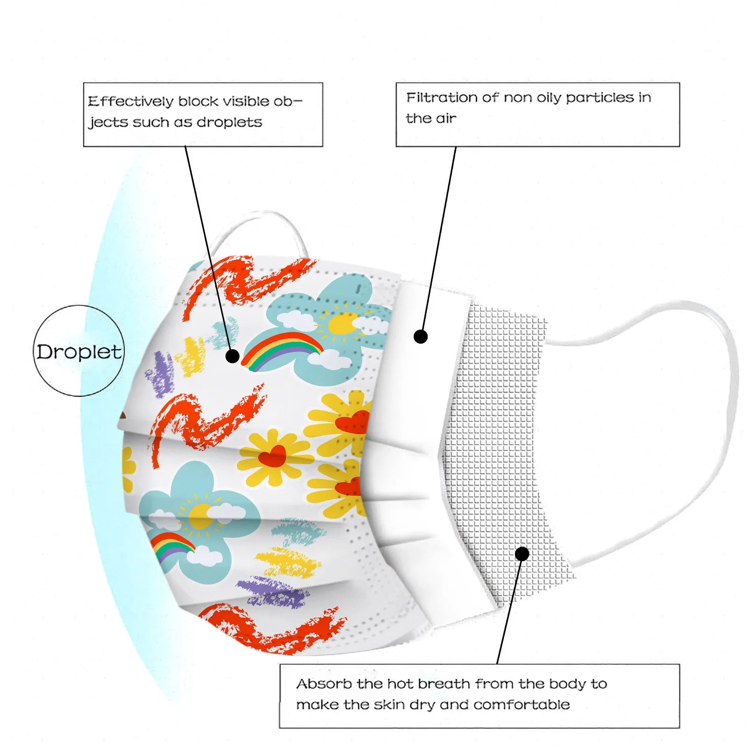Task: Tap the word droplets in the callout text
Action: click(x=229, y=122)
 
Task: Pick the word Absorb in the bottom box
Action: click(x=324, y=684)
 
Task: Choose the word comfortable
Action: click(x=521, y=705)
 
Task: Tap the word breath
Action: click(x=444, y=684)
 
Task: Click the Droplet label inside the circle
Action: click(x=79, y=352)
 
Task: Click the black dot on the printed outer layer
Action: click(x=233, y=356)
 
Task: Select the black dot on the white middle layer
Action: click(x=421, y=336)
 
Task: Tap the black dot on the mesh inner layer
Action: click(x=522, y=554)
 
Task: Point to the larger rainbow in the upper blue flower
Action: click(x=282, y=348)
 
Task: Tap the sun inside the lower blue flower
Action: click(x=201, y=516)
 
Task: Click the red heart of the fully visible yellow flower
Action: click(x=272, y=456)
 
